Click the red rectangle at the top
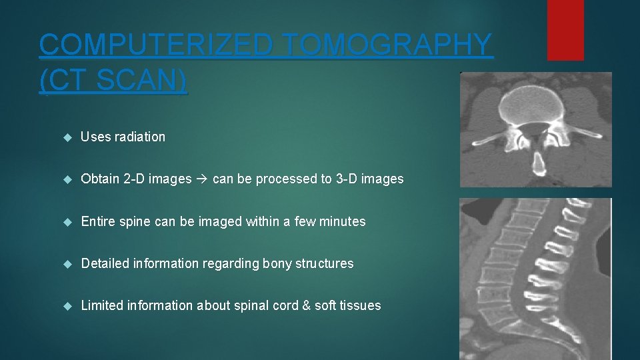pos(565,29)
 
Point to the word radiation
pos(139,137)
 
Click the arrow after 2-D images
pos(202,179)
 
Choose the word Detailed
pos(105,263)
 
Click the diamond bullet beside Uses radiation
pos(67,137)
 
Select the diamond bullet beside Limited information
pos(67,306)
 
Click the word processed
pos(271,179)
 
